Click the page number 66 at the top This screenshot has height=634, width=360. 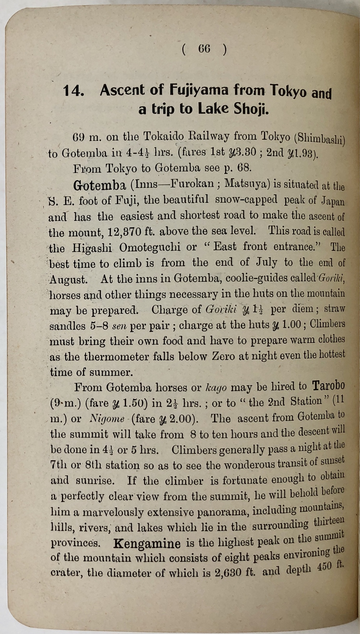coord(204,49)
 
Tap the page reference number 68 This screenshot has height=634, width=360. coord(243,168)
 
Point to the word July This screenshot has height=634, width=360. coord(266,262)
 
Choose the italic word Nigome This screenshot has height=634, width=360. coord(107,419)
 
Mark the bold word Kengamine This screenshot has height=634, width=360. coord(147,543)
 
